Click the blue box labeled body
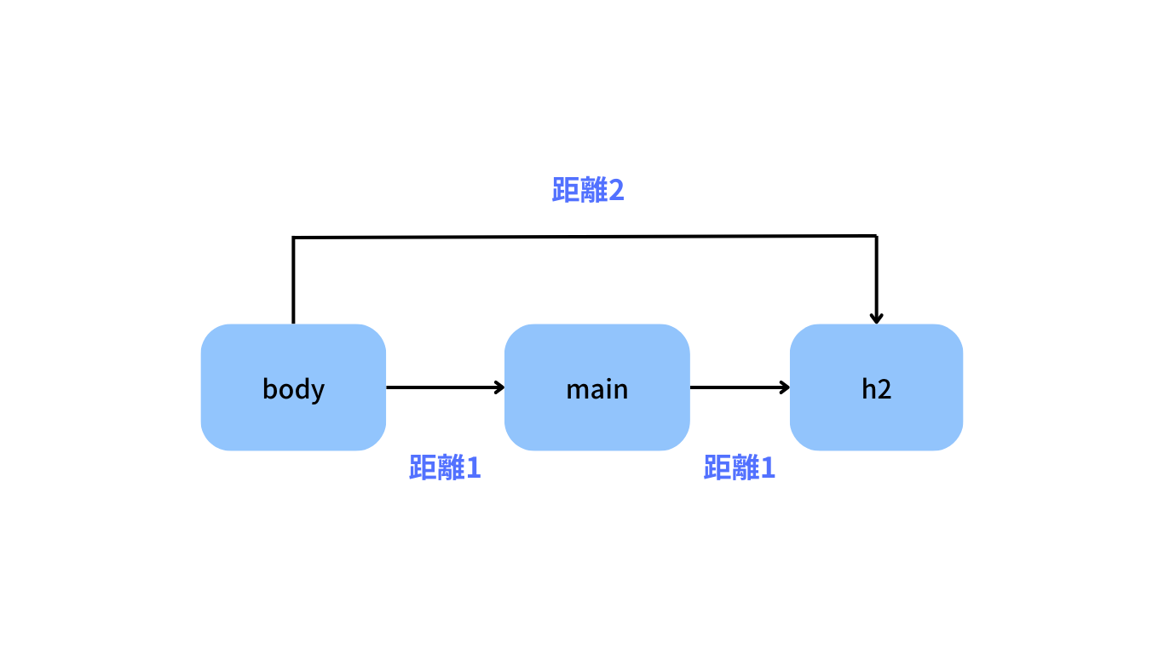click(x=293, y=387)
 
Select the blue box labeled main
click(x=596, y=387)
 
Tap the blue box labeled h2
click(x=876, y=387)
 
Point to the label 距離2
click(x=588, y=191)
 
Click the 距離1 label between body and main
click(x=445, y=468)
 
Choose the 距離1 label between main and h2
click(x=739, y=468)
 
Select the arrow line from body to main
click(x=443, y=387)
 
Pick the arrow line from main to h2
click(x=737, y=387)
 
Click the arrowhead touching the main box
click(x=499, y=387)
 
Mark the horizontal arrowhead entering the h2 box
click(x=784, y=387)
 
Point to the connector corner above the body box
click(x=293, y=238)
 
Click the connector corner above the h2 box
click(x=876, y=236)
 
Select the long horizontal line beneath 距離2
click(x=585, y=237)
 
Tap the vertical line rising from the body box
click(x=293, y=281)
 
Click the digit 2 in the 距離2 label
click(x=616, y=191)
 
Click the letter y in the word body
click(x=318, y=391)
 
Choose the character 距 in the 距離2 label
click(x=566, y=191)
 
